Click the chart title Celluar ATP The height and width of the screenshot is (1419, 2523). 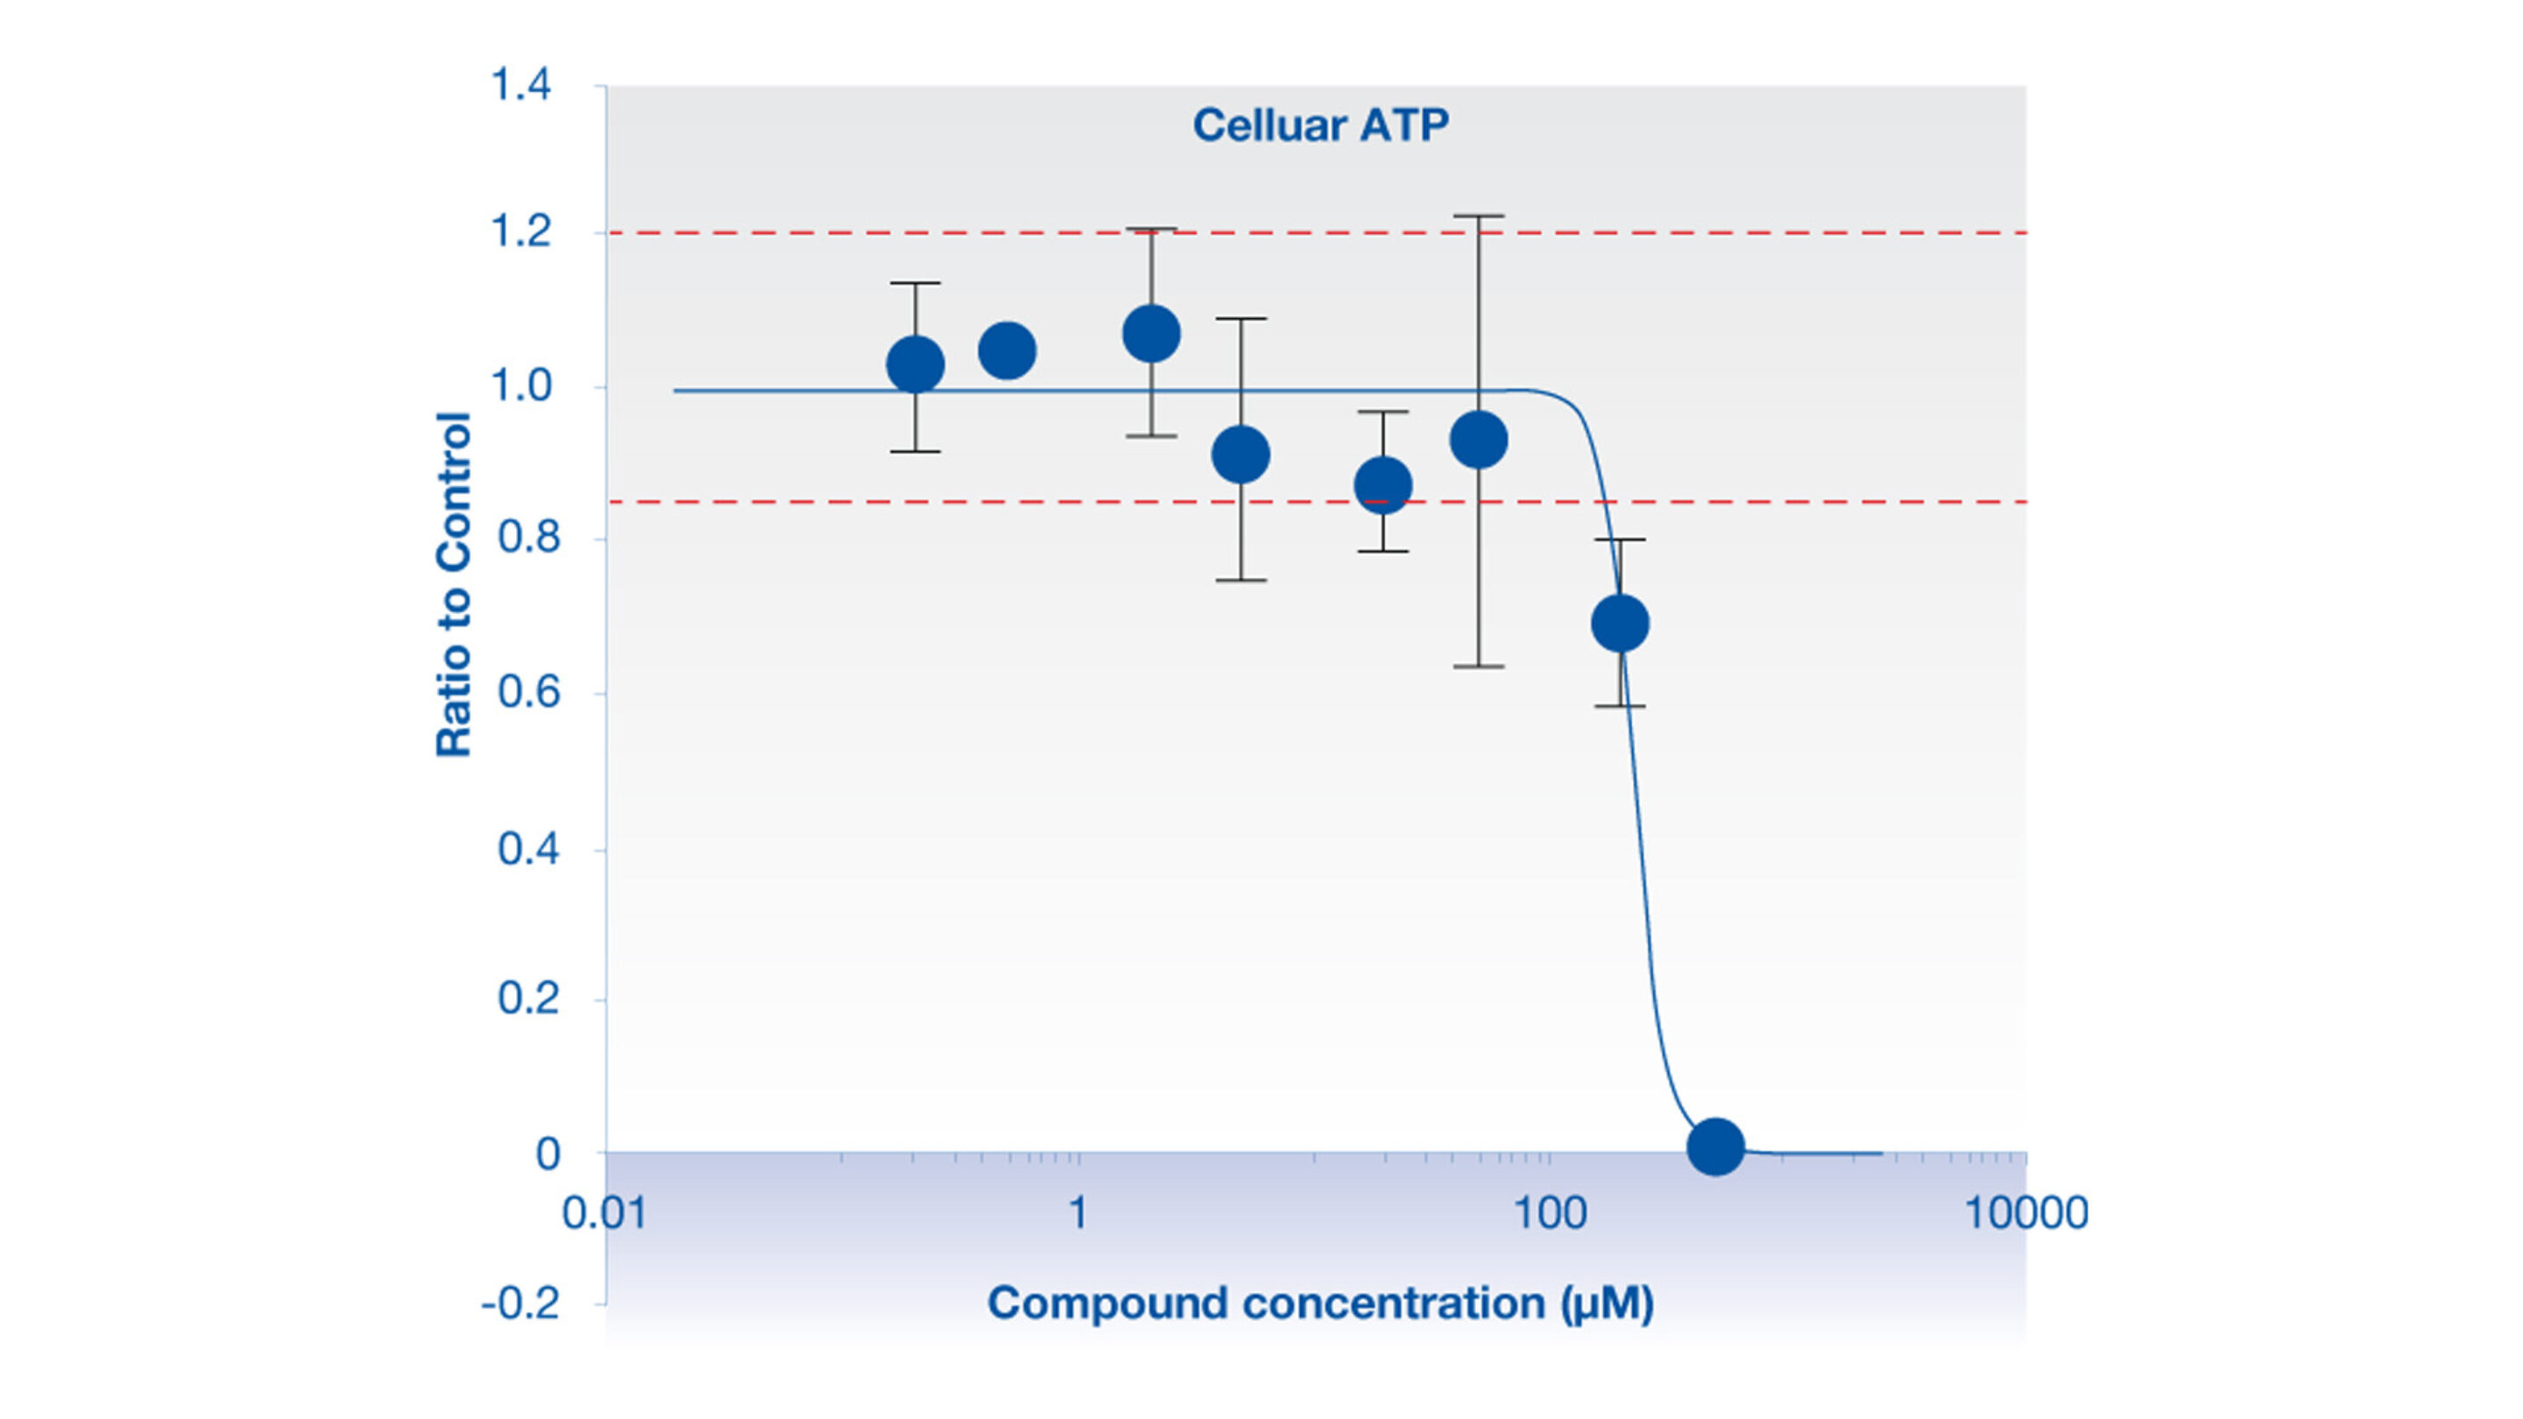pyautogui.click(x=1319, y=125)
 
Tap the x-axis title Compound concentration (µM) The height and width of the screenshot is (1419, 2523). pyautogui.click(x=1319, y=1303)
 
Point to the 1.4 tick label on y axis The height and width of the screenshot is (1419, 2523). pyautogui.click(x=520, y=85)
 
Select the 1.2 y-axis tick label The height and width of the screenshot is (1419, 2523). pyautogui.click(x=520, y=232)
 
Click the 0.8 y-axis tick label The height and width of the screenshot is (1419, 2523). pyautogui.click(x=528, y=538)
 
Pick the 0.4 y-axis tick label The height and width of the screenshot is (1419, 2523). pyautogui.click(x=528, y=848)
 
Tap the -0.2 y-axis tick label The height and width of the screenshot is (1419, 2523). pyautogui.click(x=520, y=1304)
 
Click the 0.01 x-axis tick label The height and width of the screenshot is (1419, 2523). pyautogui.click(x=604, y=1213)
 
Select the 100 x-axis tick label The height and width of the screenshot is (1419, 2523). pyautogui.click(x=1550, y=1213)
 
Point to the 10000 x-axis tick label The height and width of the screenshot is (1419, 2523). pyautogui.click(x=2025, y=1213)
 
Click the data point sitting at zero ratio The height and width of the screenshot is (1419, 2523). pyautogui.click(x=1715, y=1146)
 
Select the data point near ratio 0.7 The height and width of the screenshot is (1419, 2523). pyautogui.click(x=1620, y=623)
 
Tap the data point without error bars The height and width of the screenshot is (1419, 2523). pyautogui.click(x=1007, y=350)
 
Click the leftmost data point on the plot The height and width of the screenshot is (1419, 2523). pyautogui.click(x=915, y=365)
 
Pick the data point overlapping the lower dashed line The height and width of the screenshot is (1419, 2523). pyautogui.click(x=1382, y=484)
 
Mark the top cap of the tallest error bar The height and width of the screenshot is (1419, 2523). pyautogui.click(x=1478, y=215)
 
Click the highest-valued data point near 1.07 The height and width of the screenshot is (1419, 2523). pyautogui.click(x=1151, y=333)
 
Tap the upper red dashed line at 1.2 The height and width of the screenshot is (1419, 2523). pyautogui.click(x=783, y=233)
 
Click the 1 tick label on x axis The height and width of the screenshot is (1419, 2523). pyautogui.click(x=1078, y=1213)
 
